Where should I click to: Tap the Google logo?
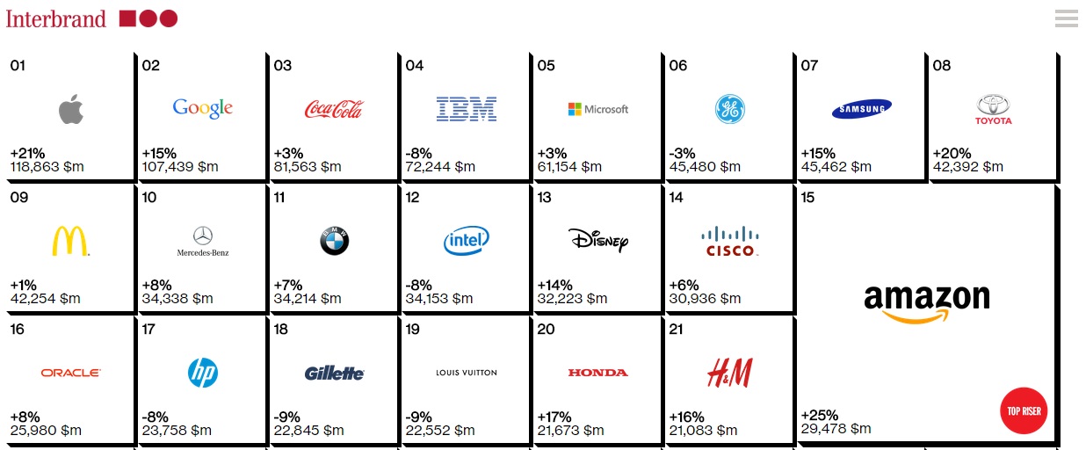[202, 108]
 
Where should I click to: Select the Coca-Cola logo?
[334, 109]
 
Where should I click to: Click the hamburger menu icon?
[1066, 18]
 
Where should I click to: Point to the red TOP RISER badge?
[1024, 410]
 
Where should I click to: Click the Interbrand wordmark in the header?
[55, 18]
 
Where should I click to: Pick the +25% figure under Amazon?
[820, 415]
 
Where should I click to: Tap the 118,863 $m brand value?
[47, 166]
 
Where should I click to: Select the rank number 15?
[807, 198]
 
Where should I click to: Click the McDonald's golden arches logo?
[70, 240]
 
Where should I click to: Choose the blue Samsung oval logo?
[861, 109]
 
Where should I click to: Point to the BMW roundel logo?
[334, 241]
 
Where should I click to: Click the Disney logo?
[598, 239]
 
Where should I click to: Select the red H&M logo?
[729, 373]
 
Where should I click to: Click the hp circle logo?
[202, 373]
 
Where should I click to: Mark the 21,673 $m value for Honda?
[572, 430]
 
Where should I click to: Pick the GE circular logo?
[729, 109]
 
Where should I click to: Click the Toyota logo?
[993, 110]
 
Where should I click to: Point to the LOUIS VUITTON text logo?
[467, 373]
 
